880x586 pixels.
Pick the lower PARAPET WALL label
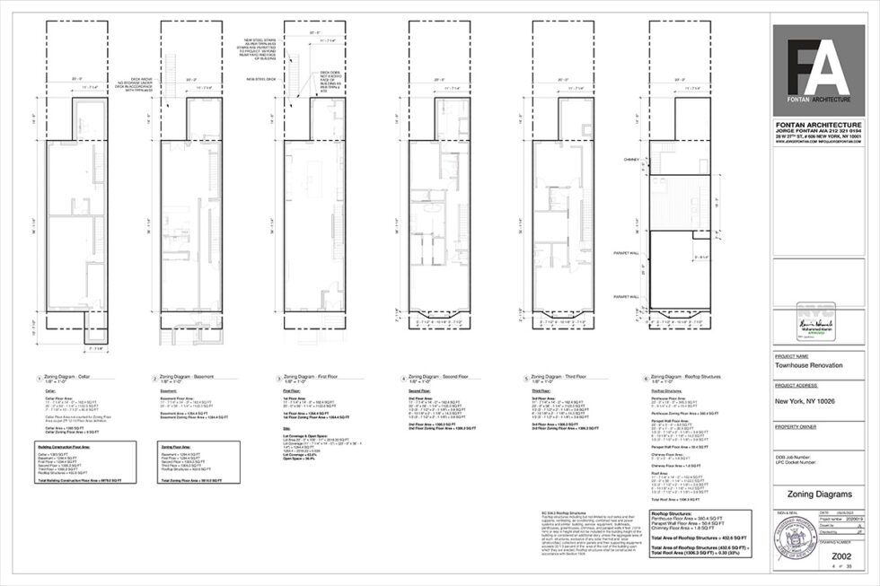(626, 295)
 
